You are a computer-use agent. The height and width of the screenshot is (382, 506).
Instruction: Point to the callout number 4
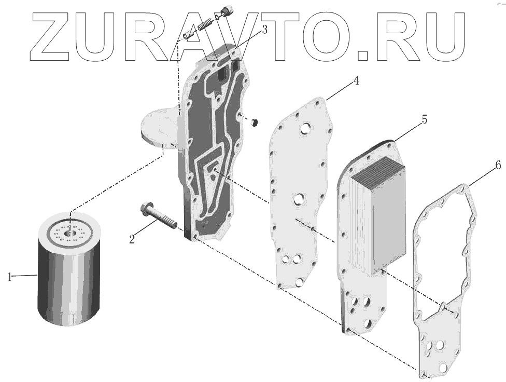[356, 81]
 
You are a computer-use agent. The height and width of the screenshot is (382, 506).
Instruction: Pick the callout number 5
[424, 119]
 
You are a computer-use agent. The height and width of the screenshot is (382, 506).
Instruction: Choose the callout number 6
[498, 166]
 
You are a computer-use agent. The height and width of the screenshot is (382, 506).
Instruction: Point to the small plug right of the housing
[254, 122]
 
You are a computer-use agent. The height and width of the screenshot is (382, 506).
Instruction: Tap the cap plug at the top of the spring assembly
[226, 10]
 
